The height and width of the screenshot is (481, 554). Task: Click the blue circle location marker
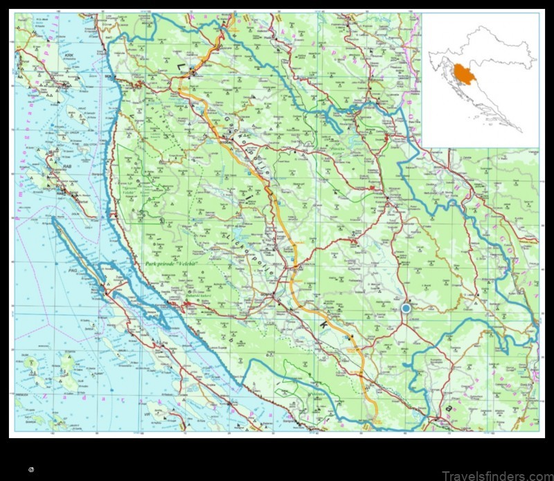[x=406, y=308]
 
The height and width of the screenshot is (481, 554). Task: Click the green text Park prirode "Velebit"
[x=173, y=264]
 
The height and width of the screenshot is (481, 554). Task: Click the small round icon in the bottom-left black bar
[x=31, y=469]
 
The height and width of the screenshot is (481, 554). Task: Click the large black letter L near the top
[x=182, y=67]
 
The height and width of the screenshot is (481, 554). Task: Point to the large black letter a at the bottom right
[x=449, y=409]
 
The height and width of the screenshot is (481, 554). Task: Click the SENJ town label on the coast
[x=109, y=77]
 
